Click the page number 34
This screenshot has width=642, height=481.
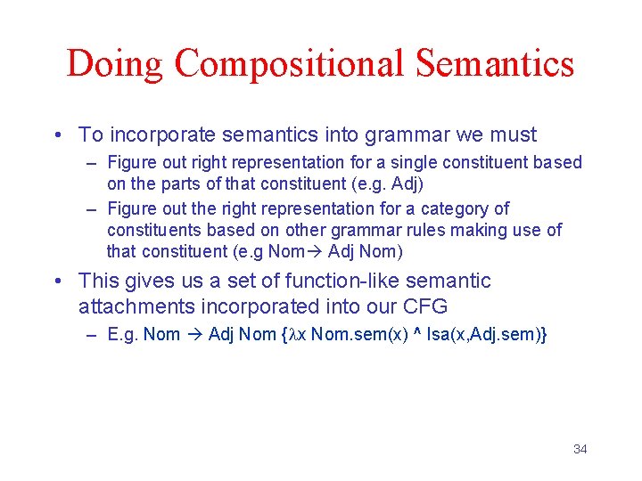point(580,449)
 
